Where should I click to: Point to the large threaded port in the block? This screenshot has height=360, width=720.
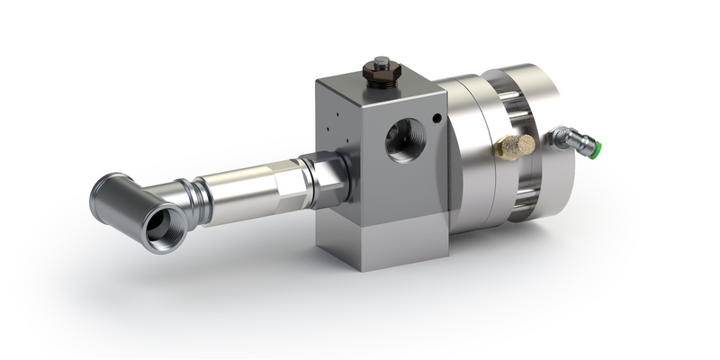401,141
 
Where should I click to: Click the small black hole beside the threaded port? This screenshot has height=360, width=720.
437,117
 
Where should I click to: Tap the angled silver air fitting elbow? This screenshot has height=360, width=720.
564,138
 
